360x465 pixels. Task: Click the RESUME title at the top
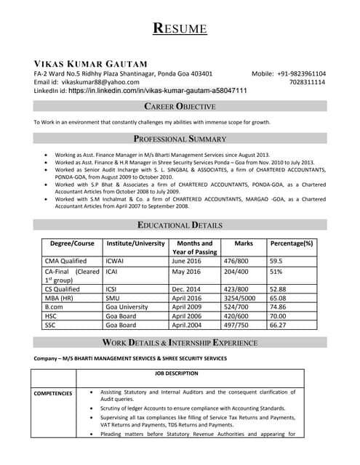tap(180, 29)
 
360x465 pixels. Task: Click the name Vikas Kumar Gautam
tap(90, 64)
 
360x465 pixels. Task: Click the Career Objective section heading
tap(180, 107)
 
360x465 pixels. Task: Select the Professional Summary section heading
tap(180, 138)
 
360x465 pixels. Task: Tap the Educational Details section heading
tap(180, 225)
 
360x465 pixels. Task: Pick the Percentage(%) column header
tap(291, 243)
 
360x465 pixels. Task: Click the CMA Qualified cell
tap(65, 260)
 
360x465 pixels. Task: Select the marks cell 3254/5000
tap(239, 297)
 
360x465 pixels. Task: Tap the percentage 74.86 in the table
tap(280, 307)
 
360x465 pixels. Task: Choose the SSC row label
tap(52, 325)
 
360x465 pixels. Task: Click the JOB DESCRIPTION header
tap(176, 373)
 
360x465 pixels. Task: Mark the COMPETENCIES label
tap(53, 393)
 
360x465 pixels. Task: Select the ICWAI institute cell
tap(116, 260)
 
